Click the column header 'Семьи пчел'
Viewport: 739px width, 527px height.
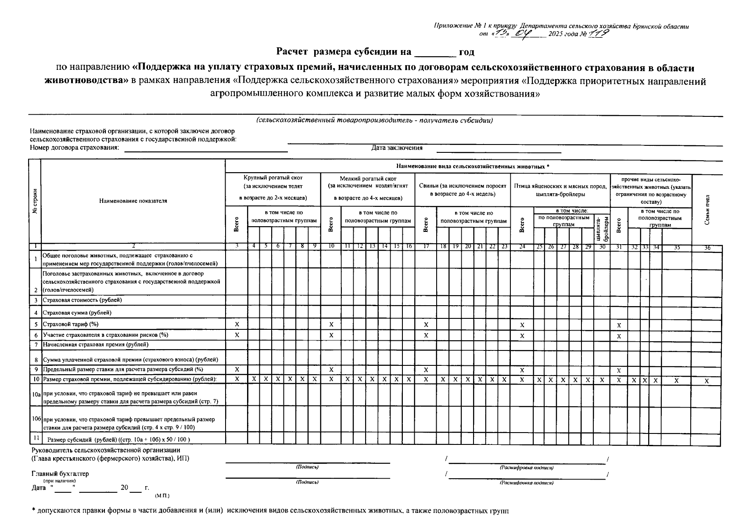(707, 209)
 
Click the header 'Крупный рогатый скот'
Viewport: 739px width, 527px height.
(273, 178)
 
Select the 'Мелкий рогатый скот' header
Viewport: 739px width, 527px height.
(368, 179)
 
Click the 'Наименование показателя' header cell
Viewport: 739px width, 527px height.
(133, 201)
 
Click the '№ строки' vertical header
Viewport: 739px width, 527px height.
(35, 201)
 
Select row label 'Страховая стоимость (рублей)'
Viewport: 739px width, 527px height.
(82, 300)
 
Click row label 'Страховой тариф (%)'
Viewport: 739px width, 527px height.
(70, 324)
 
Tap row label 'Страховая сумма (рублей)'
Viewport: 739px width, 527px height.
(77, 313)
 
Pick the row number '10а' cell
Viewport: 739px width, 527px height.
(36, 395)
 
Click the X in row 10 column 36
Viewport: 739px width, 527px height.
(707, 381)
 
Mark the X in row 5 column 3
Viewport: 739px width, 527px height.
(237, 324)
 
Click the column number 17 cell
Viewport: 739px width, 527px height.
(426, 247)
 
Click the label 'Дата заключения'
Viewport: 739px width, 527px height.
(397, 148)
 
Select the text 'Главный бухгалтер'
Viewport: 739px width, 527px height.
(60, 474)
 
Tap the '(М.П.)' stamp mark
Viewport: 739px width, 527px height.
(162, 495)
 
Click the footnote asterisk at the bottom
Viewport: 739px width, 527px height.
(33, 511)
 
